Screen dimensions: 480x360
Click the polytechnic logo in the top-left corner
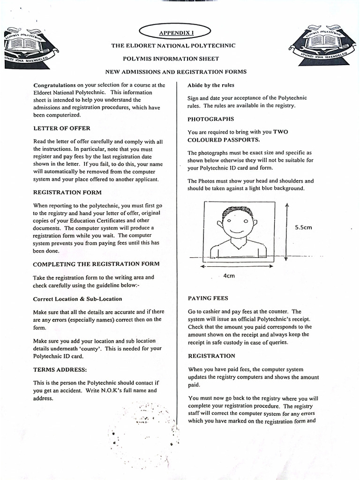click(30, 47)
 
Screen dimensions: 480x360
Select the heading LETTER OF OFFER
click(62, 128)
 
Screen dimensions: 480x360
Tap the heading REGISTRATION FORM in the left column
click(67, 192)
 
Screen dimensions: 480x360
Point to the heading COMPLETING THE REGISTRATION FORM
click(96, 264)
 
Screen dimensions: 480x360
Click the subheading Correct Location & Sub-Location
click(77, 299)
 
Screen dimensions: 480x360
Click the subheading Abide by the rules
click(210, 85)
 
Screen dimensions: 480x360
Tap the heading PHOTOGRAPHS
click(210, 119)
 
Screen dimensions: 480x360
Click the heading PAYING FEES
click(208, 298)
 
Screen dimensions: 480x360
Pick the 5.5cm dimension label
click(304, 227)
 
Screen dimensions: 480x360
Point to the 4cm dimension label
click(229, 276)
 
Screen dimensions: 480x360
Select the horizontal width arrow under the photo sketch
click(237, 266)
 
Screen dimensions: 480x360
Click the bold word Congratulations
click(54, 85)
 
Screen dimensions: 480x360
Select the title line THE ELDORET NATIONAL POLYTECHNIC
click(173, 45)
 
